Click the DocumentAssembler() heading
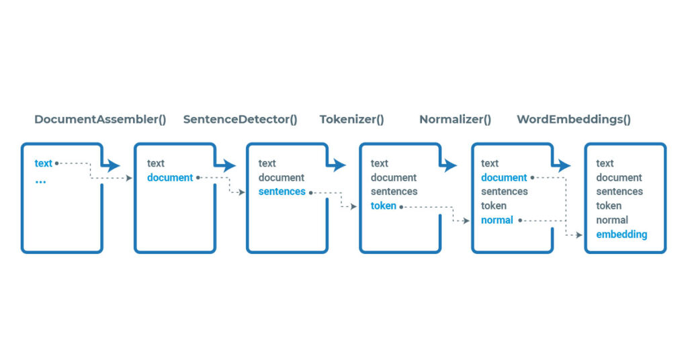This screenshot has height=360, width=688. pyautogui.click(x=101, y=120)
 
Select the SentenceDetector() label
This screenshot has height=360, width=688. pyautogui.click(x=240, y=120)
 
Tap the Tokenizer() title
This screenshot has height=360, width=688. pyautogui.click(x=351, y=120)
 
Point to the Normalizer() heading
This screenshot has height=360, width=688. pyautogui.click(x=455, y=120)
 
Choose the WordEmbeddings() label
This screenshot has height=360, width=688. pyautogui.click(x=574, y=120)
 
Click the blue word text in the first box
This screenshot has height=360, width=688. pyautogui.click(x=44, y=163)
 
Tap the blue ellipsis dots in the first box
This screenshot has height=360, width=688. pyautogui.click(x=40, y=181)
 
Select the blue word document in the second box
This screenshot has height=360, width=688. pyautogui.click(x=170, y=177)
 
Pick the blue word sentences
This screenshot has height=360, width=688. pyautogui.click(x=282, y=191)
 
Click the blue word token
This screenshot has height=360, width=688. pyautogui.click(x=384, y=206)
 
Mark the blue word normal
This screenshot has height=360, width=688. pyautogui.click(x=497, y=220)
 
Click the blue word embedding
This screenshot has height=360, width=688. pyautogui.click(x=621, y=234)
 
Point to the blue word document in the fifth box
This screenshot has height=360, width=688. pyautogui.click(x=504, y=177)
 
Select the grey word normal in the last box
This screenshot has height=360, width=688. pyautogui.click(x=611, y=220)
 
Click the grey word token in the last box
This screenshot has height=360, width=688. pyautogui.click(x=609, y=206)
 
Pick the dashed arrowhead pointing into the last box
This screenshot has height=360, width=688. pyautogui.click(x=579, y=235)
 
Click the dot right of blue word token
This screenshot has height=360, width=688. pyautogui.click(x=401, y=207)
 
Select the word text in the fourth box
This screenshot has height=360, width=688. pyautogui.click(x=379, y=163)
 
